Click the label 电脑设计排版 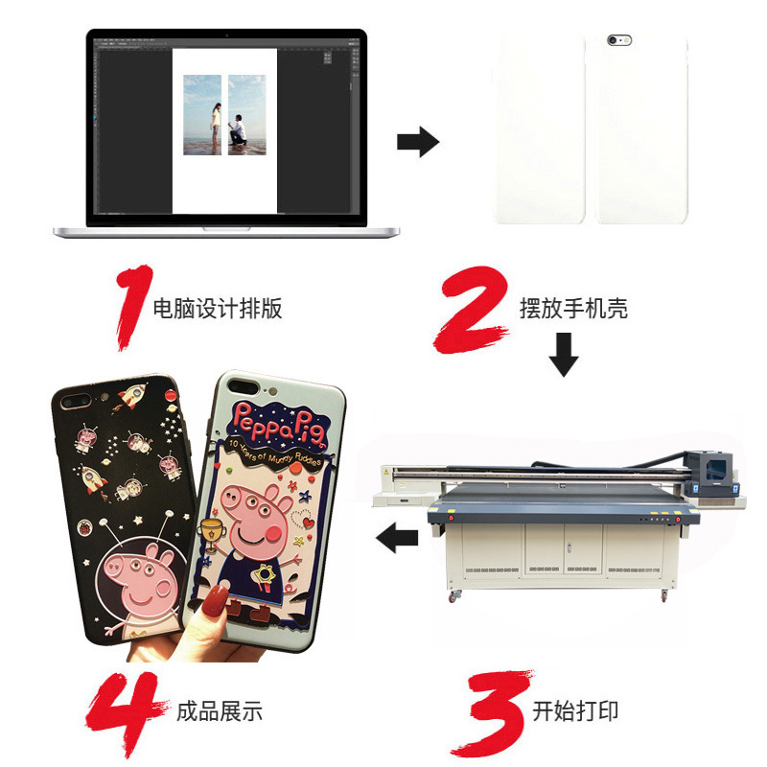pyautogui.click(x=218, y=309)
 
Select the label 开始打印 pyautogui.click(x=575, y=711)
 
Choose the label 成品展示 pyautogui.click(x=220, y=711)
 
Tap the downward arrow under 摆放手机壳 pyautogui.click(x=564, y=355)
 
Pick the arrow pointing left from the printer pyautogui.click(x=397, y=539)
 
